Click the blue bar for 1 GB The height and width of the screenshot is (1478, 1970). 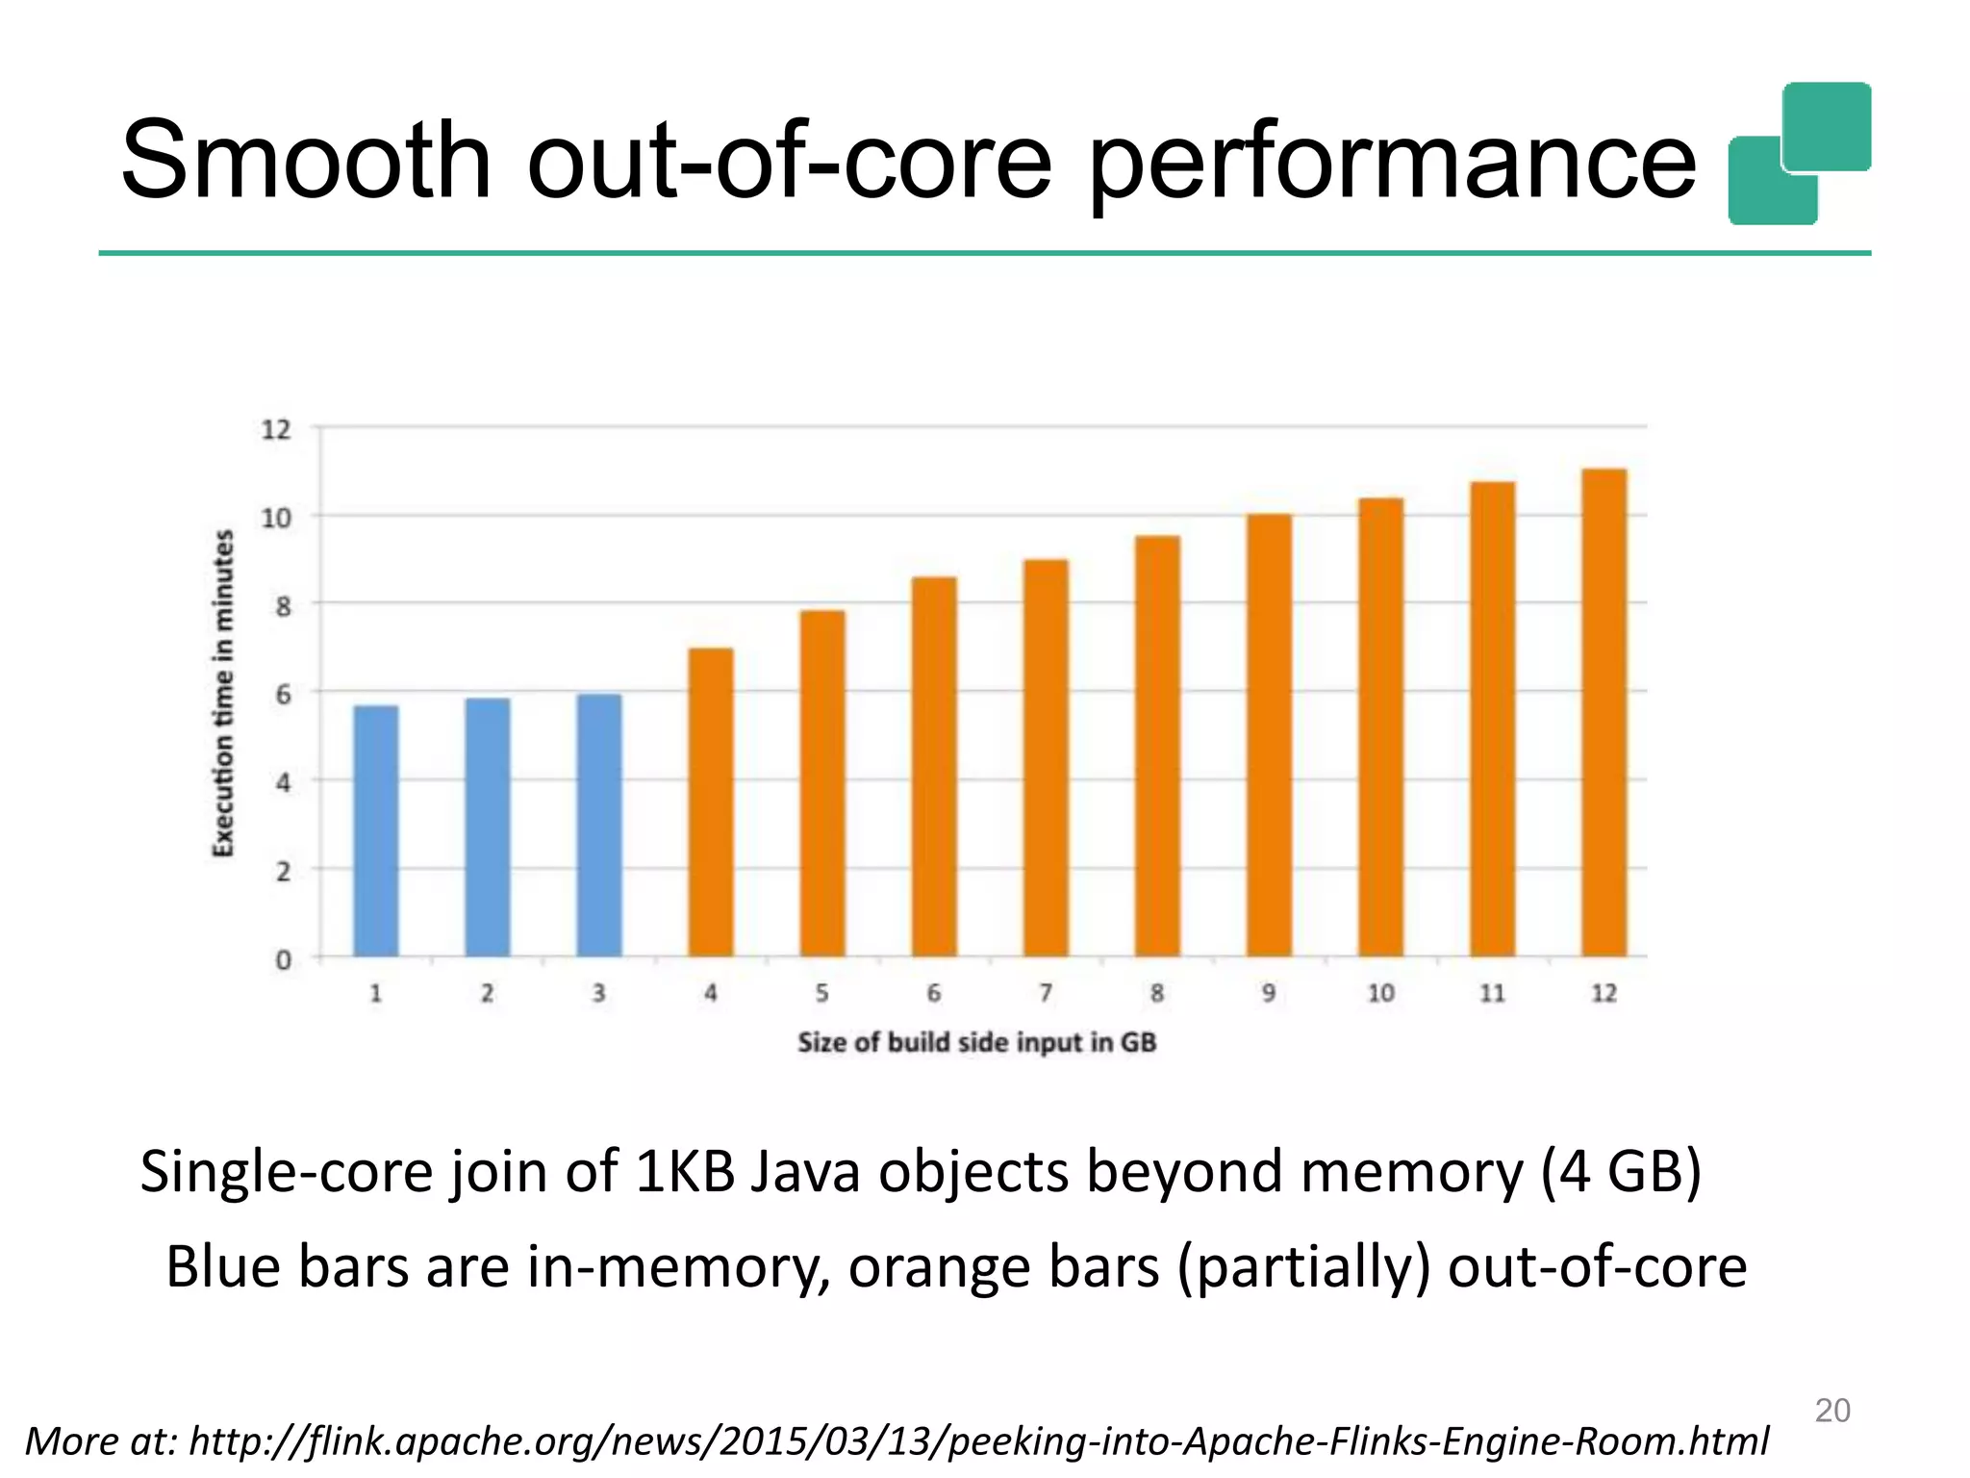(376, 831)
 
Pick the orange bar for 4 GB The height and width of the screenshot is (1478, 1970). (711, 803)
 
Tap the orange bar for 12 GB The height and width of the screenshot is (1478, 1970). (1604, 713)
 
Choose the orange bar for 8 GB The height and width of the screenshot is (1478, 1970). (1157, 747)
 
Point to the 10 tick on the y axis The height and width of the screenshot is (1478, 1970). (276, 519)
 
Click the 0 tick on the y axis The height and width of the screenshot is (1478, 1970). (283, 960)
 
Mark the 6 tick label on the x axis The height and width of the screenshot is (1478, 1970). (934, 993)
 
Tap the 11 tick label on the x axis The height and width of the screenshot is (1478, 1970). (1492, 993)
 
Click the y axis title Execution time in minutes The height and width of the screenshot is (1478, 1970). (223, 693)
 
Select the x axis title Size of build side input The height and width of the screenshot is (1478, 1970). (976, 1042)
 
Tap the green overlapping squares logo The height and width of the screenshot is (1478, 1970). (1800, 154)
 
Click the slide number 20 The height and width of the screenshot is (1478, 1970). (1831, 1411)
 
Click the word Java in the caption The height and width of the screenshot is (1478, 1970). (804, 1172)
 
